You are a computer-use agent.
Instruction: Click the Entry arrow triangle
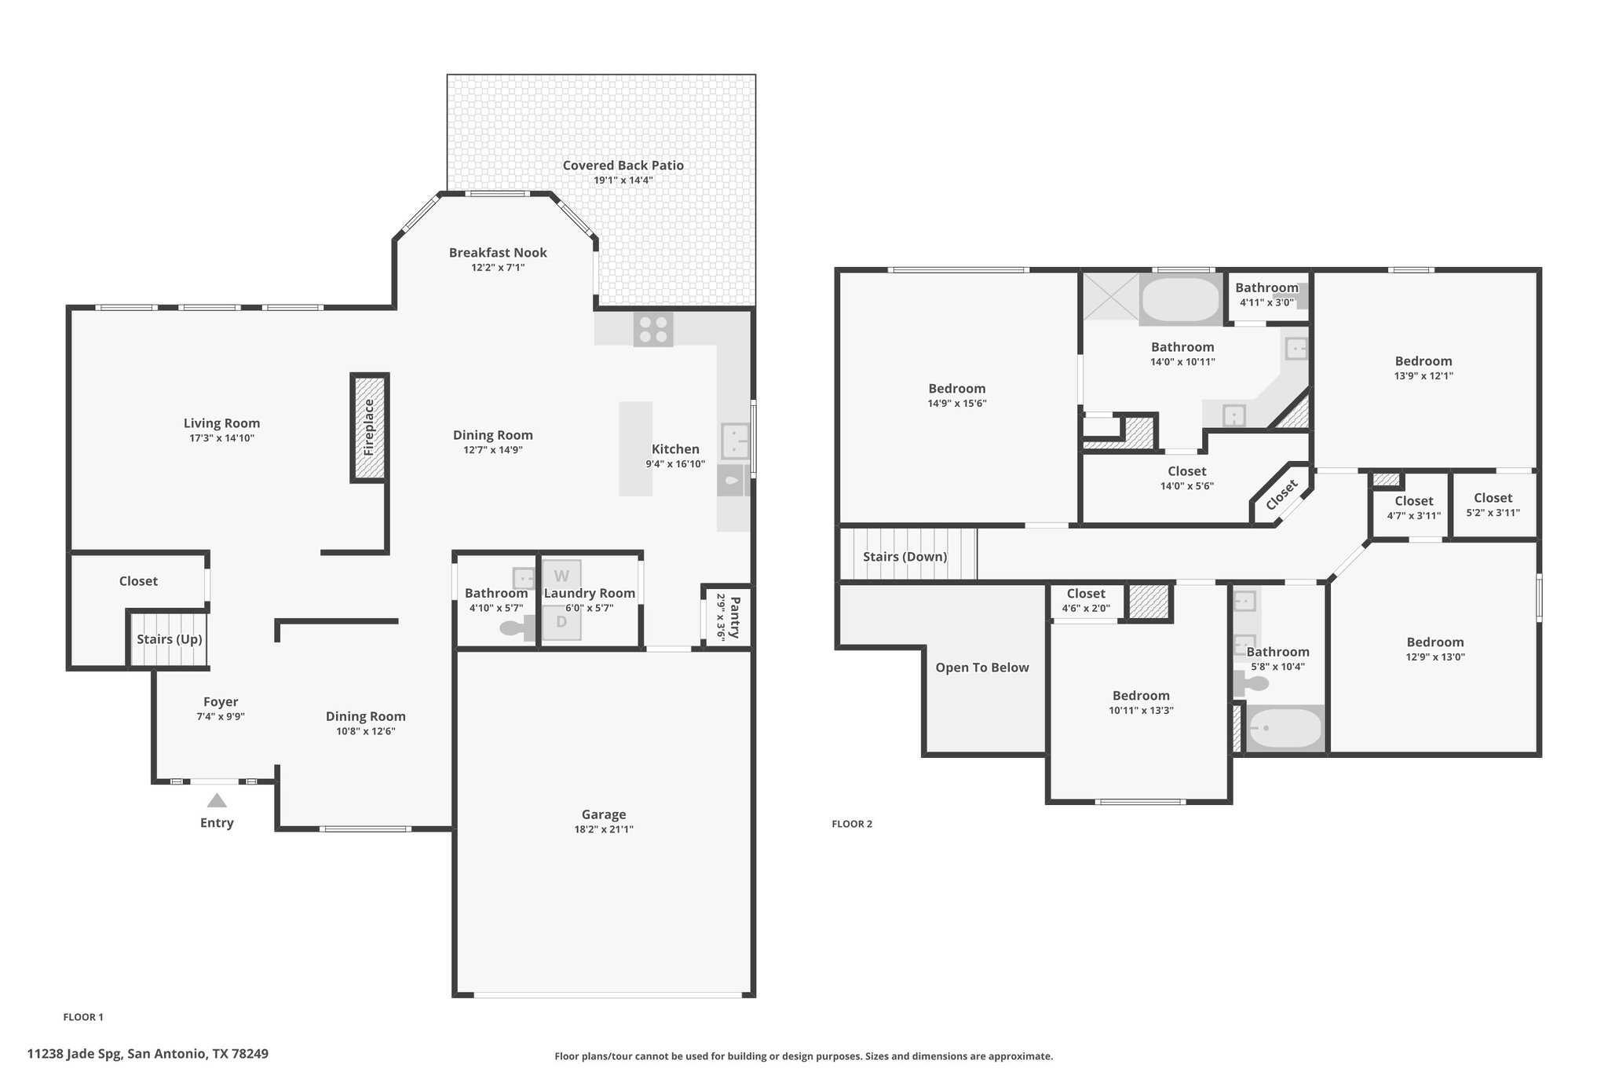coord(217,800)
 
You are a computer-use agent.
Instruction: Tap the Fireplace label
coord(369,428)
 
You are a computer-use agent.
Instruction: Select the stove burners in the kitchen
coord(653,330)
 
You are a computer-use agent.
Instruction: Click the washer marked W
coord(561,576)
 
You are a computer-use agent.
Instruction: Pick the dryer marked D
coord(561,622)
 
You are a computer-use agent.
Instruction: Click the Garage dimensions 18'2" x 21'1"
coord(604,829)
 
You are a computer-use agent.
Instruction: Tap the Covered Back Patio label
coord(623,165)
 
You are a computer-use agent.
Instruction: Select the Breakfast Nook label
coord(498,252)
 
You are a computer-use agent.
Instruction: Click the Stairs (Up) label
coord(170,639)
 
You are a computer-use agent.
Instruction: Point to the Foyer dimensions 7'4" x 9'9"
coord(221,716)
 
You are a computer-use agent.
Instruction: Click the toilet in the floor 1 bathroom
coord(516,628)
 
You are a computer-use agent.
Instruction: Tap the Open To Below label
coord(982,668)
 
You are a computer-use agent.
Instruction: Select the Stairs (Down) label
coord(905,557)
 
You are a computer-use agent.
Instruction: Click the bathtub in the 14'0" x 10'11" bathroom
coord(1180,299)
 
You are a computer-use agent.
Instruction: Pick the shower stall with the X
coord(1110,296)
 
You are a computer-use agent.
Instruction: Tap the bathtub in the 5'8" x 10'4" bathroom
coord(1285,729)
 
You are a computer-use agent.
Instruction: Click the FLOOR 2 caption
coord(852,824)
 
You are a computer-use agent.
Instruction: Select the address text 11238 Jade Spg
coord(75,1053)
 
